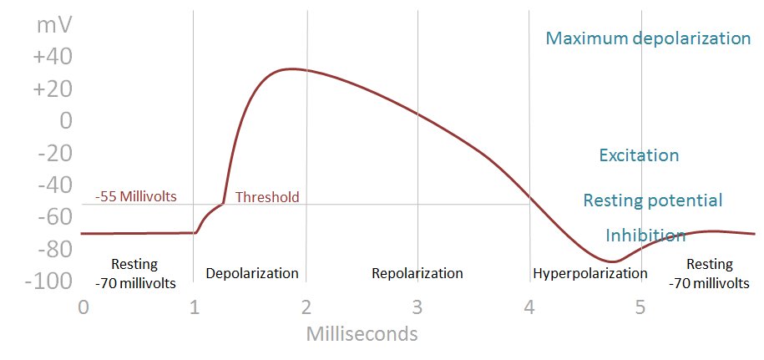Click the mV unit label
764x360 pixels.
[53, 25]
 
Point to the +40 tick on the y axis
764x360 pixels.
[53, 58]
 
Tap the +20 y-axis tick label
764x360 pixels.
[53, 89]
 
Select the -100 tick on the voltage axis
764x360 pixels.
[48, 281]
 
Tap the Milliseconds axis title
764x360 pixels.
[362, 334]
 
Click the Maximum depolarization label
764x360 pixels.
[648, 38]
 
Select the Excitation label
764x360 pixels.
[639, 155]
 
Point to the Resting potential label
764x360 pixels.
[652, 200]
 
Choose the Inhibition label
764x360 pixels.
[645, 236]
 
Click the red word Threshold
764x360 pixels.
[266, 198]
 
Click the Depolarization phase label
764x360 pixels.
[251, 273]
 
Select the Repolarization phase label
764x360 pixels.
[417, 273]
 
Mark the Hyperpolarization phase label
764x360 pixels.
[589, 273]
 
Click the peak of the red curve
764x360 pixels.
[288, 68]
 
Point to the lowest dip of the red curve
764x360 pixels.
[614, 261]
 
